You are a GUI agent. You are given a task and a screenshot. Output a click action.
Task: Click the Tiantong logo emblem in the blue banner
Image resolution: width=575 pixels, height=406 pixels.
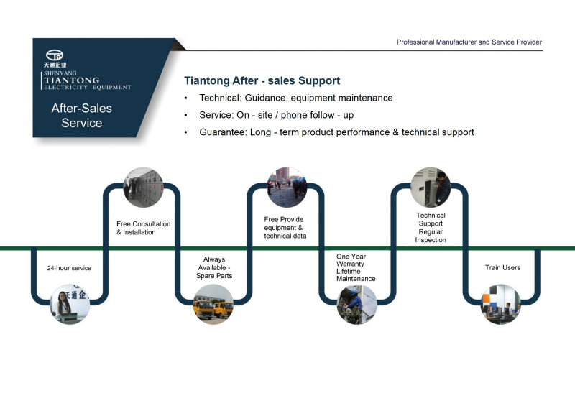pyautogui.click(x=55, y=55)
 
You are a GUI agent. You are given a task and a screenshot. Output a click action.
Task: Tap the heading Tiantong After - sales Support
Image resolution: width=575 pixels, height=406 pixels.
pyautogui.click(x=262, y=81)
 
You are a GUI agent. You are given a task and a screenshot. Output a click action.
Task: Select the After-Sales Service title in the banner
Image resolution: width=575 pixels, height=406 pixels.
pyautogui.click(x=81, y=116)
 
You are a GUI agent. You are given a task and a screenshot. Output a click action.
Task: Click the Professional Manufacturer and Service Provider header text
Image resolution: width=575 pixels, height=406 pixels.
pyautogui.click(x=469, y=42)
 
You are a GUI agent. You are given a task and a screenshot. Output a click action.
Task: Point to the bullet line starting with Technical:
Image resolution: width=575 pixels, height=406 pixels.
pyautogui.click(x=295, y=98)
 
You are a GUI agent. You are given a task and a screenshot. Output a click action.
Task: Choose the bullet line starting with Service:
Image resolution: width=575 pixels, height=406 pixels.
pyautogui.click(x=276, y=115)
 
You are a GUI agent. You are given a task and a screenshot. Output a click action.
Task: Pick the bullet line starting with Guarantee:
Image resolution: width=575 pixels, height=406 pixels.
pyautogui.click(x=336, y=132)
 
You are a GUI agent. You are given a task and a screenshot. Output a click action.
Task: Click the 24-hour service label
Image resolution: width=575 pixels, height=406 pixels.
pyautogui.click(x=69, y=268)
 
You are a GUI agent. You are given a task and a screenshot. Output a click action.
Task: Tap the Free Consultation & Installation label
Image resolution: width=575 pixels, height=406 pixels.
pyautogui.click(x=143, y=228)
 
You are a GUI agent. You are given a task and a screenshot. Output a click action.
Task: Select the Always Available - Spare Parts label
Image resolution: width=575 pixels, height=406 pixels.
pyautogui.click(x=214, y=267)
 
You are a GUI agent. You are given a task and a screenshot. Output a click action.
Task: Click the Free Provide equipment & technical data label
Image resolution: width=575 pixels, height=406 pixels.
pyautogui.click(x=285, y=227)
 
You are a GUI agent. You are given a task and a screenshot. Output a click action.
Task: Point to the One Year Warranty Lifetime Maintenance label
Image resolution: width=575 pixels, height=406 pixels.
pyautogui.click(x=356, y=267)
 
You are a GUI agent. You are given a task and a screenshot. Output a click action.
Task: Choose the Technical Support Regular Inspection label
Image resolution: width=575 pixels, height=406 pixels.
pyautogui.click(x=431, y=227)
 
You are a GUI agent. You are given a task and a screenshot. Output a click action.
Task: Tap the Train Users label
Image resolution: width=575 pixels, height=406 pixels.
pyautogui.click(x=502, y=268)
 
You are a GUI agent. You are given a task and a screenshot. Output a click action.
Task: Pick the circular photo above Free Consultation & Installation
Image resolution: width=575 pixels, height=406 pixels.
pyautogui.click(x=143, y=188)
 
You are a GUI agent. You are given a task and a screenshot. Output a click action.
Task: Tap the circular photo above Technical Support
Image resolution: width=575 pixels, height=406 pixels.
pyautogui.click(x=430, y=188)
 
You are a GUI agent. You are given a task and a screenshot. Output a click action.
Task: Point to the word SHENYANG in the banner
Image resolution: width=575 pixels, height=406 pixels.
pyautogui.click(x=60, y=73)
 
